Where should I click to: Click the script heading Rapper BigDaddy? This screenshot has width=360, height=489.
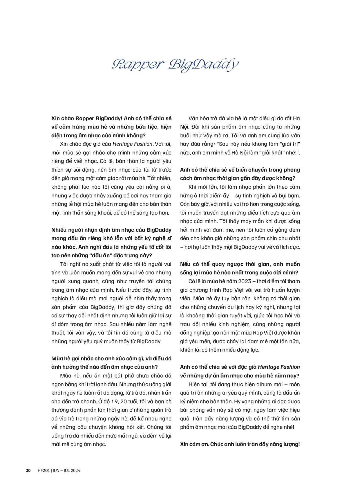(175, 65)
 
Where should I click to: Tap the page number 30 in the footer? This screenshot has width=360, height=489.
(28, 470)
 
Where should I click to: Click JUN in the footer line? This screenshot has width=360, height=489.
(56, 470)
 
